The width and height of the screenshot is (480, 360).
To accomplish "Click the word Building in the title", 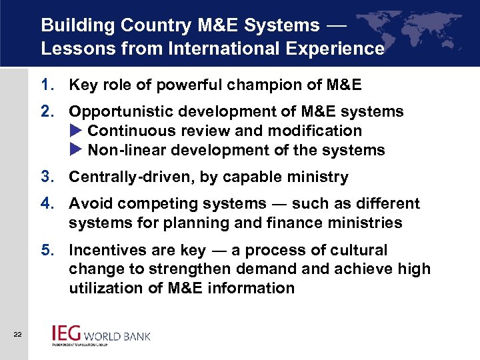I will [71, 25].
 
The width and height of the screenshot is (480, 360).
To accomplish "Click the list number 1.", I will [45, 85].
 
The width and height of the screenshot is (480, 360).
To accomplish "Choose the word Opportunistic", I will [119, 111].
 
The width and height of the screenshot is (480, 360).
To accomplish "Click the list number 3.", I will [45, 177].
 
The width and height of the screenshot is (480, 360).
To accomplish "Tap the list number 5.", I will [45, 250].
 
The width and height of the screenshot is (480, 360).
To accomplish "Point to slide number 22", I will [17, 334].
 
